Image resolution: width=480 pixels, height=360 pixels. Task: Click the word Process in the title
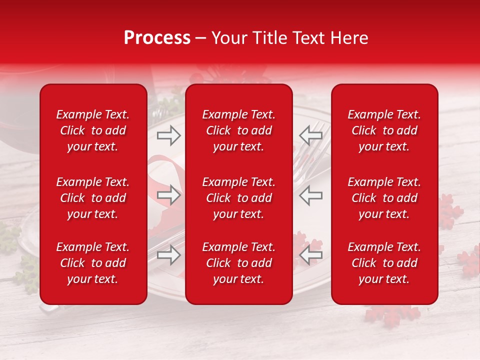pyautogui.click(x=157, y=38)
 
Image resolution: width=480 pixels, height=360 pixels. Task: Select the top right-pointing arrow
pyautogui.click(x=168, y=135)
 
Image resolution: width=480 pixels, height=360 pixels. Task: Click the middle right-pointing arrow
pyautogui.click(x=168, y=195)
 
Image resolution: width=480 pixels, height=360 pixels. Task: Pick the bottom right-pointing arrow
pyautogui.click(x=168, y=255)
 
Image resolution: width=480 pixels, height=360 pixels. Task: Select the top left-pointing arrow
pyautogui.click(x=311, y=135)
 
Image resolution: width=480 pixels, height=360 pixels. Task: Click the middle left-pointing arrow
pyautogui.click(x=311, y=195)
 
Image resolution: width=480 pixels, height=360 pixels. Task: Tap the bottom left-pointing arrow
pyautogui.click(x=311, y=255)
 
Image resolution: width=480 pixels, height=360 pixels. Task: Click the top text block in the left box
pyautogui.click(x=93, y=130)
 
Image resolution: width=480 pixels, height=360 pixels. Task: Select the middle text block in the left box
pyautogui.click(x=93, y=198)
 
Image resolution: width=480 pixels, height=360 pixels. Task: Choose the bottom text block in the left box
pyautogui.click(x=93, y=263)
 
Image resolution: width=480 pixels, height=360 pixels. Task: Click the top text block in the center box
pyautogui.click(x=238, y=130)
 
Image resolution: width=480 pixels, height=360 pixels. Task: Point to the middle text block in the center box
pyautogui.click(x=238, y=198)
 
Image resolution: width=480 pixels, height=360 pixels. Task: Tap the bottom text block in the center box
pyautogui.click(x=238, y=263)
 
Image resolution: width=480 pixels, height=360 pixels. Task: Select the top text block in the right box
pyautogui.click(x=384, y=130)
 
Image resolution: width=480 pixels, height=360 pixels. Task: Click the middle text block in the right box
pyautogui.click(x=384, y=198)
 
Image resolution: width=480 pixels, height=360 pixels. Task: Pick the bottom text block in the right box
pyautogui.click(x=384, y=263)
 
